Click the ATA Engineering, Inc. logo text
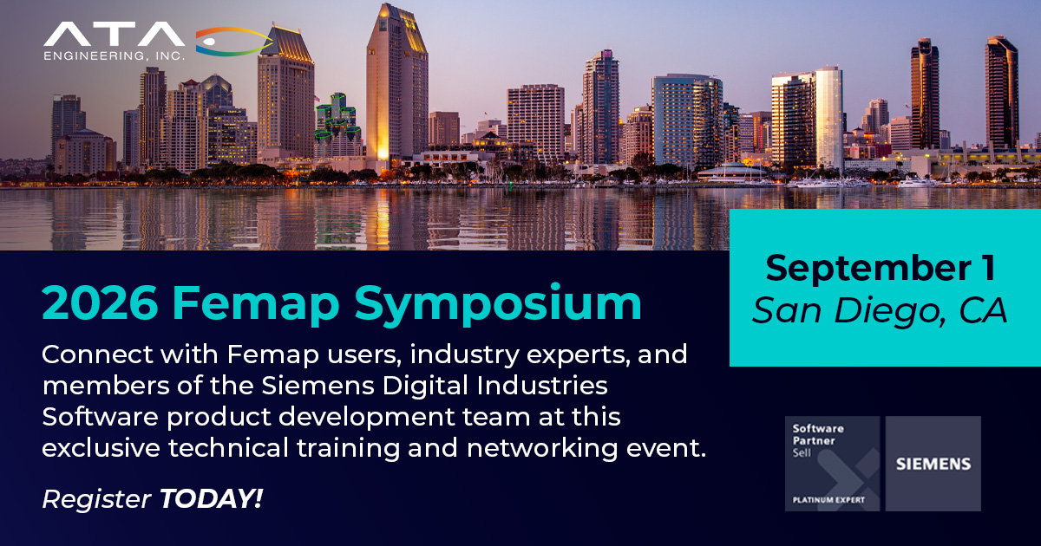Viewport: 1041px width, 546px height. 115,41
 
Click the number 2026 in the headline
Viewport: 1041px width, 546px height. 100,303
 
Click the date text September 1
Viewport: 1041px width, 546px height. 881,268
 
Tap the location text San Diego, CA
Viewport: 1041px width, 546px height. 880,311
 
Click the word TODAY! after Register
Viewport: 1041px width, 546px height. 212,498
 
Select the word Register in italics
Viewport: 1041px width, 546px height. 96,500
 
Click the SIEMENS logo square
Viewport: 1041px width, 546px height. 933,464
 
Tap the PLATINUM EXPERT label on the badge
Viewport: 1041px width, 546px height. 828,500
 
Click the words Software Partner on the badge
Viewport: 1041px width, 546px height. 818,434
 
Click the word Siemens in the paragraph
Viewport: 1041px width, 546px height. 318,386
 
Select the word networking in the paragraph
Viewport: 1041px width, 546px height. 542,449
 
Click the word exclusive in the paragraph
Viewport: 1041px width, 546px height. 101,448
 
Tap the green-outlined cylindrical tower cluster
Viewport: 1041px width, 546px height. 337,121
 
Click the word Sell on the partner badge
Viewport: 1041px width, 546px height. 802,452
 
